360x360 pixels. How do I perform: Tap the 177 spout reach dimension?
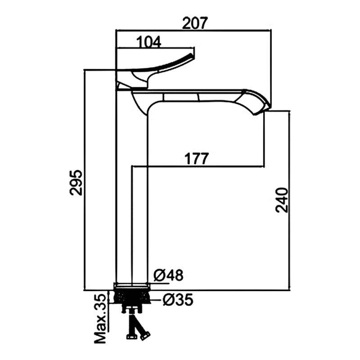click(x=196, y=158)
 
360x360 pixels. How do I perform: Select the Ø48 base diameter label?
click(x=168, y=275)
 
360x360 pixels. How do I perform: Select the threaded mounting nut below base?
click(x=132, y=297)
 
